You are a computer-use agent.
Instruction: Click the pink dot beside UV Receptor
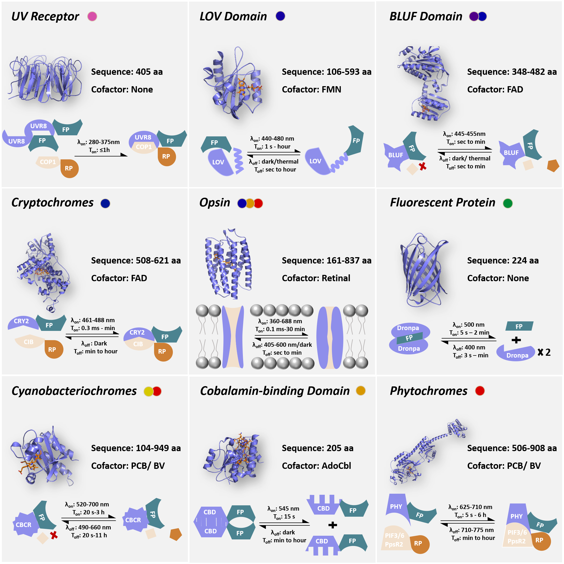(x=92, y=16)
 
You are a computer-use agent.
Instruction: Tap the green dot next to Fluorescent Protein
(x=508, y=203)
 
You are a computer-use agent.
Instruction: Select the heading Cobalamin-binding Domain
(x=275, y=391)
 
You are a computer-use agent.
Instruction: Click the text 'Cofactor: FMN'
(x=312, y=89)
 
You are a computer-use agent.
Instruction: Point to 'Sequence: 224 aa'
(x=503, y=260)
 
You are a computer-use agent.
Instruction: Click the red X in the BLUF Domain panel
(x=422, y=167)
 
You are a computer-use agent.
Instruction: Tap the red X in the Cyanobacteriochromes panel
(x=54, y=535)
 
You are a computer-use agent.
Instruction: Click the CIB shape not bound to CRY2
(x=29, y=341)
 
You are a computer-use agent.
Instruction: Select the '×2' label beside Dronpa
(x=544, y=352)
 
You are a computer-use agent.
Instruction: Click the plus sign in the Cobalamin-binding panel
(x=332, y=525)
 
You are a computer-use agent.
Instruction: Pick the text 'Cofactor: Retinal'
(x=316, y=278)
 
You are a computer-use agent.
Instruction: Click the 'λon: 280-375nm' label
(x=98, y=142)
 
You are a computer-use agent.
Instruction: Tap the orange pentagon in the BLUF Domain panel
(x=553, y=166)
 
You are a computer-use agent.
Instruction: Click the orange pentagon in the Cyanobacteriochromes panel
(x=176, y=534)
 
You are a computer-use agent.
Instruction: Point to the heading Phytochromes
(x=428, y=391)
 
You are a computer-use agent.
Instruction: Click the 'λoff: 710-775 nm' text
(x=471, y=530)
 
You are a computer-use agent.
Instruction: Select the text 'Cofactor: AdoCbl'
(x=316, y=466)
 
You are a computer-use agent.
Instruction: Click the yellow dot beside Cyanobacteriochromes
(x=148, y=391)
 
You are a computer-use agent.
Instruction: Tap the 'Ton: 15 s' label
(x=284, y=517)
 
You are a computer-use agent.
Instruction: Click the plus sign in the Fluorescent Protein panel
(x=516, y=340)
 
